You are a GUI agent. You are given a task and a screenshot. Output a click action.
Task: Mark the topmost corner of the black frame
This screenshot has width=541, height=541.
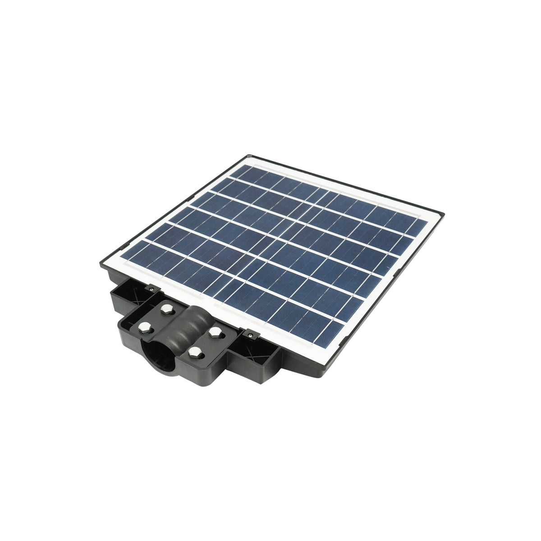click(x=247, y=156)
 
